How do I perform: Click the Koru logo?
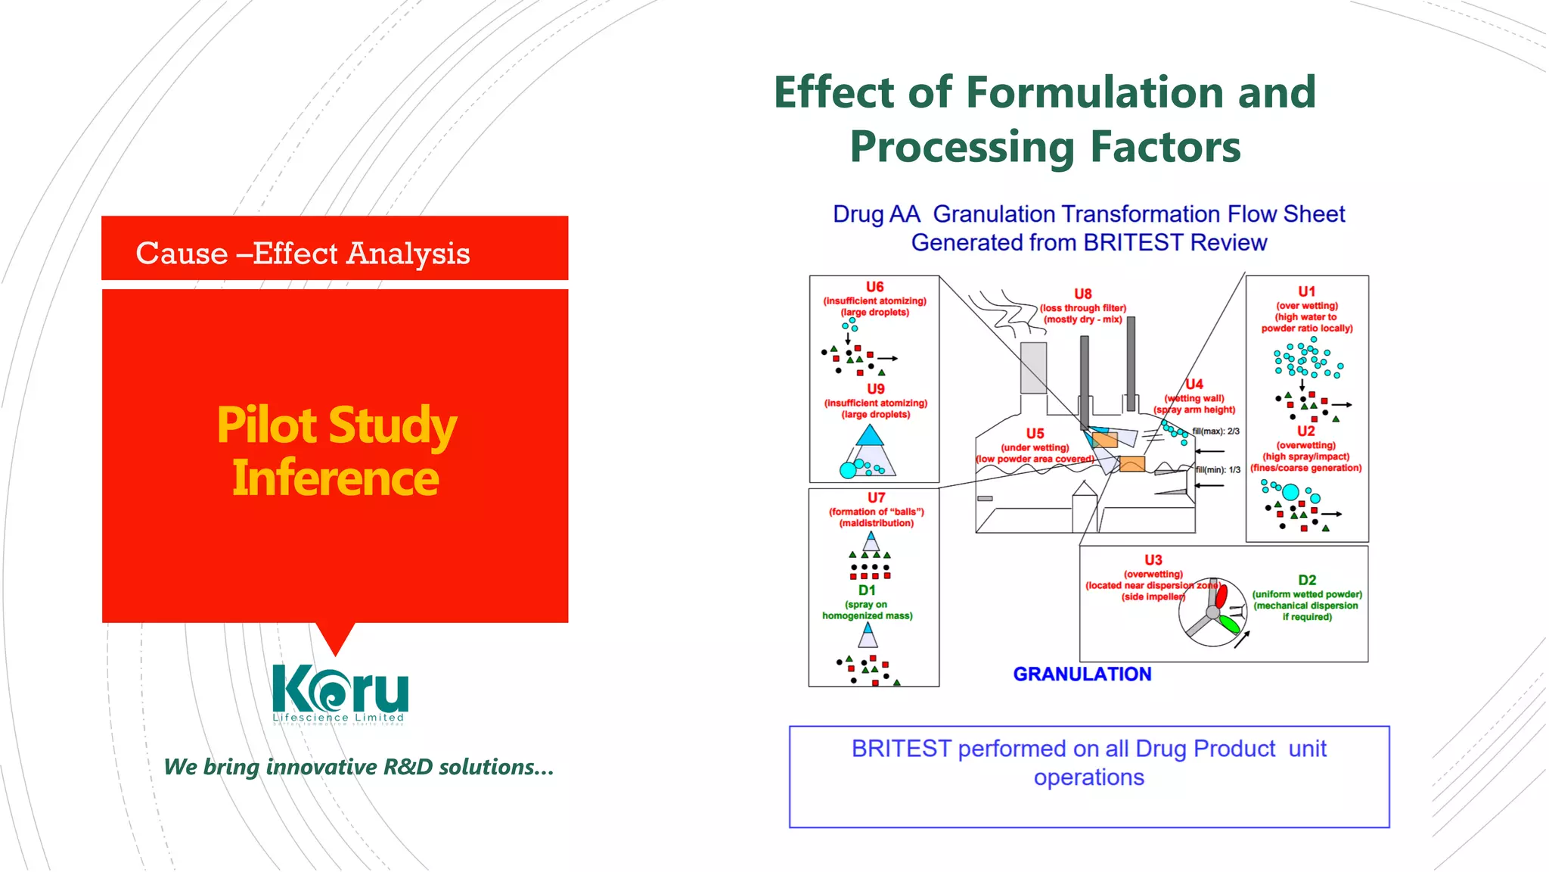click(340, 692)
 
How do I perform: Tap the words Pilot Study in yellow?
click(337, 425)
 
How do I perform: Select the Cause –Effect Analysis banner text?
click(303, 253)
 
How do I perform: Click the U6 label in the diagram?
click(874, 287)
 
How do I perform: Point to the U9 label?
click(875, 389)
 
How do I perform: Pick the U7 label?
click(876, 497)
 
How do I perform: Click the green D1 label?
click(867, 590)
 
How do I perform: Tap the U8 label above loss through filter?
click(1082, 294)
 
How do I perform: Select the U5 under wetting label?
click(1035, 434)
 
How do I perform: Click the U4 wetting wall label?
click(1194, 385)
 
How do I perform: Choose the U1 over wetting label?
click(1306, 291)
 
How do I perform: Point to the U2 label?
click(1305, 431)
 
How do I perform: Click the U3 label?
click(1153, 560)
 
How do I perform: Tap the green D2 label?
click(1306, 580)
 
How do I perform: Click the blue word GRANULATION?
click(1082, 674)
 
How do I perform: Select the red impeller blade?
click(1222, 595)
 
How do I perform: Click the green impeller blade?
click(1229, 624)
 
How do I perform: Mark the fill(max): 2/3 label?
click(1215, 431)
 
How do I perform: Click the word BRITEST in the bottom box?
click(901, 749)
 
